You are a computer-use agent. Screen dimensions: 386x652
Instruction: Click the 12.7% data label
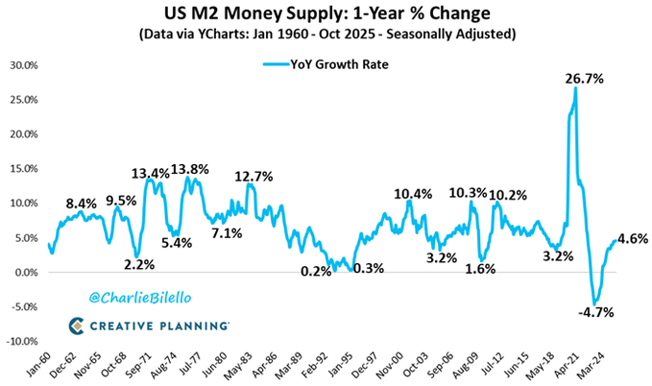coord(254,176)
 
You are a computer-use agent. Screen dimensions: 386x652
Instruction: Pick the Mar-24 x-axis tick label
coord(614,364)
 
